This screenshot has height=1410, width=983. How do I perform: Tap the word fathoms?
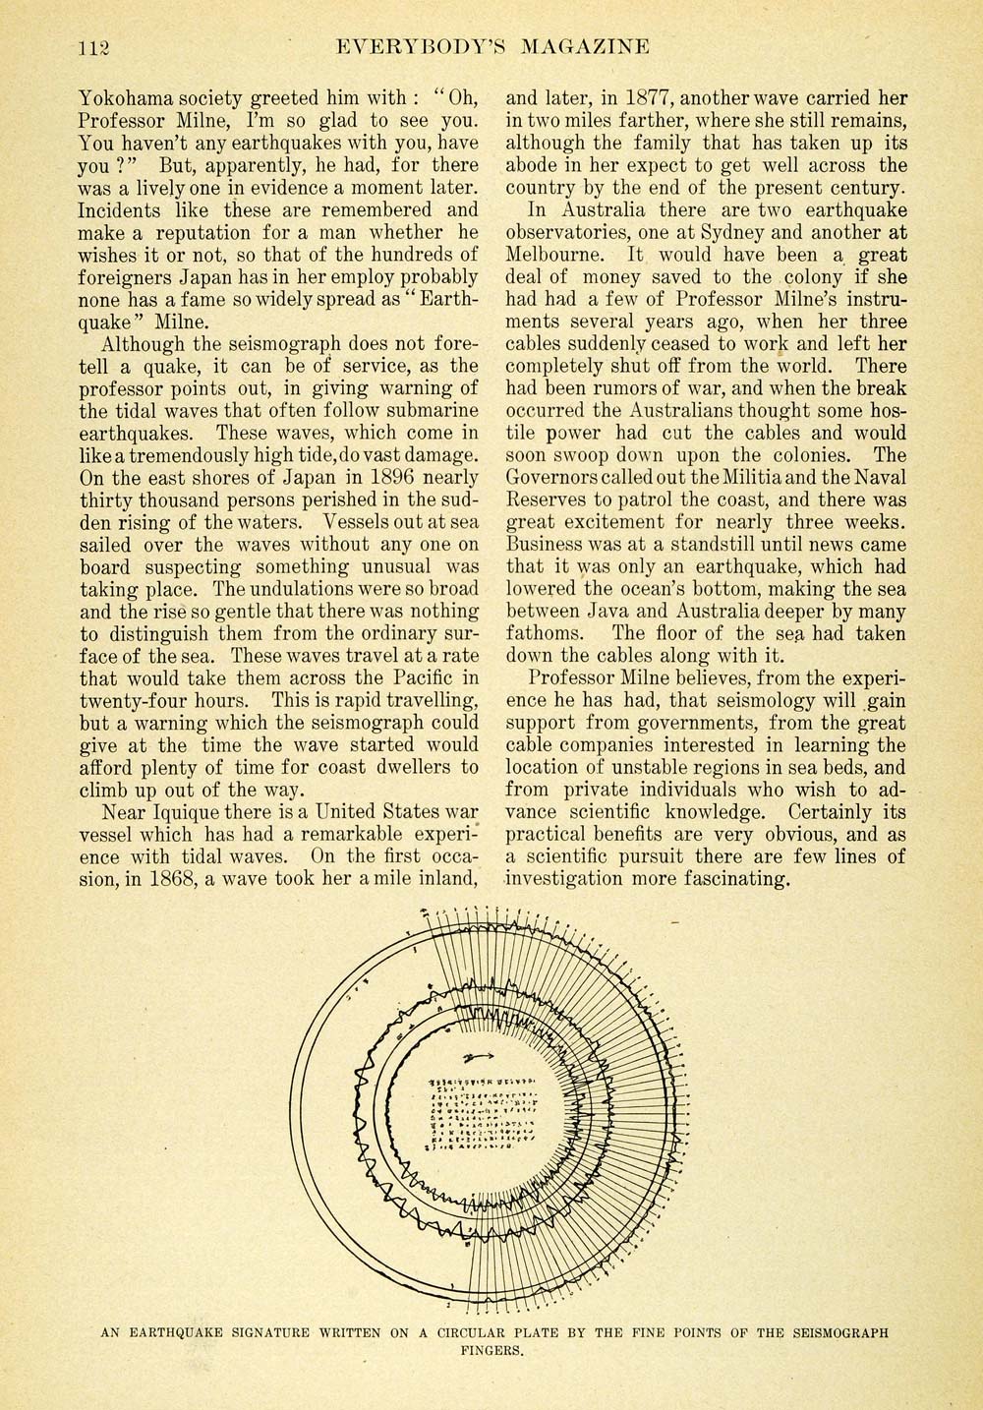coord(545,633)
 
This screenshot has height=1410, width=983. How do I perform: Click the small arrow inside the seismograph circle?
coord(479,1058)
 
